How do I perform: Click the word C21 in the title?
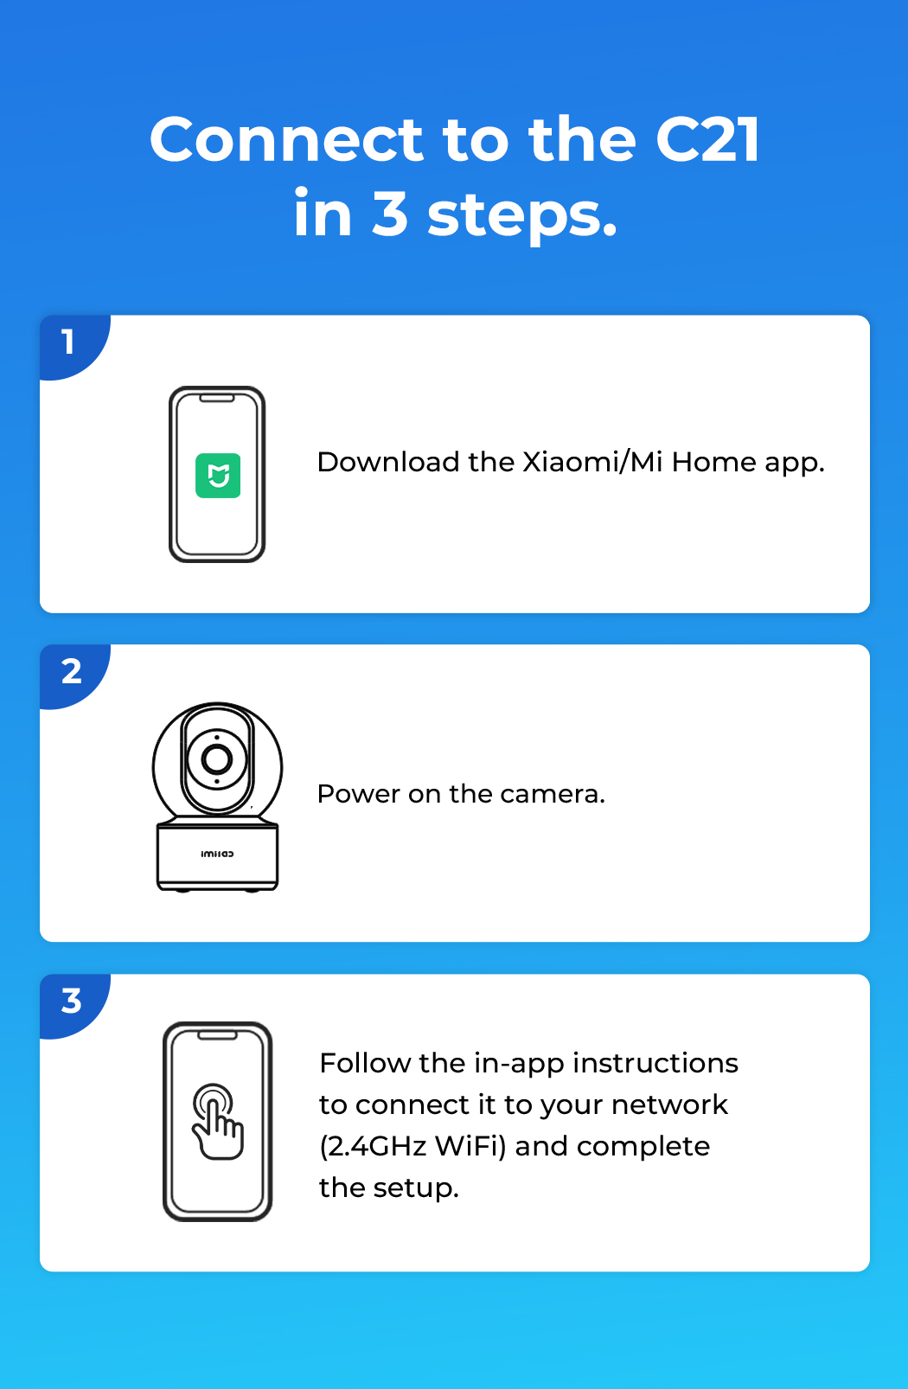707,139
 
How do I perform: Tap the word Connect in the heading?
286,139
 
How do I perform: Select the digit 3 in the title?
390,213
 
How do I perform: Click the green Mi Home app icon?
218,476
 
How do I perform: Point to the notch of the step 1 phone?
217,398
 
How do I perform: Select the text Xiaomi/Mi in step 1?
592,462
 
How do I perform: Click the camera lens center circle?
217,759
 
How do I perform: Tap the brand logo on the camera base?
218,854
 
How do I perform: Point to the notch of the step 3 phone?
217,1035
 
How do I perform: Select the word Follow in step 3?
364,1063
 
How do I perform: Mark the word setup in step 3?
416,1188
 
